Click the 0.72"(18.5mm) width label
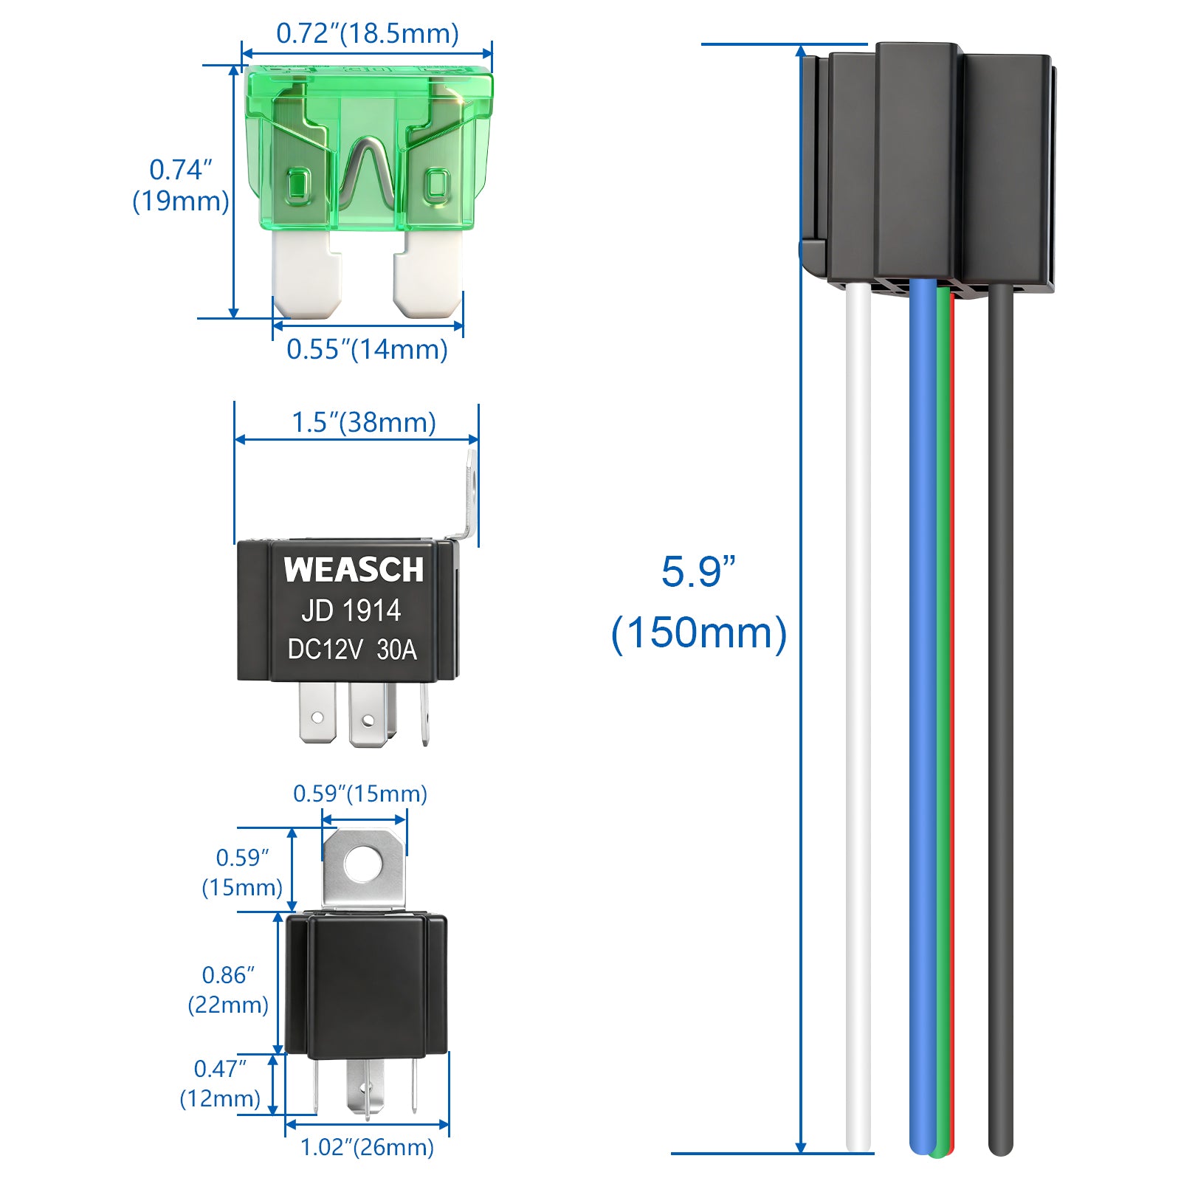(x=367, y=34)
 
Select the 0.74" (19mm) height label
(x=180, y=185)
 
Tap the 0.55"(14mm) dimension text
(x=367, y=349)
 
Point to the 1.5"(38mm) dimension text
(x=364, y=422)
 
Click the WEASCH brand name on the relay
(x=354, y=570)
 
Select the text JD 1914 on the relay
(x=351, y=610)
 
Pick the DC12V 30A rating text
(x=352, y=650)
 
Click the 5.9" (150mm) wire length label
(x=698, y=602)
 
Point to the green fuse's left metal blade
(x=306, y=273)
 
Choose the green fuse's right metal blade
(x=428, y=273)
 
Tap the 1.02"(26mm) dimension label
(x=367, y=1147)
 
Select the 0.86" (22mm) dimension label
(x=228, y=989)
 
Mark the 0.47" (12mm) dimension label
(x=220, y=1083)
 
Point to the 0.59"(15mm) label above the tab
(x=360, y=793)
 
